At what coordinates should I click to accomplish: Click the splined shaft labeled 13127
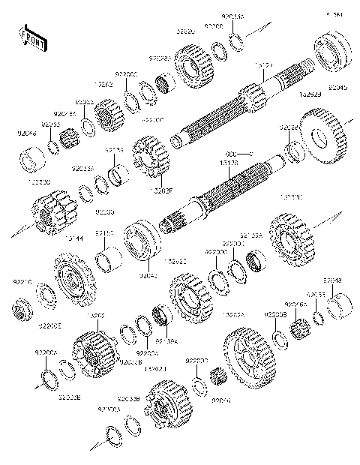[247, 105]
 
